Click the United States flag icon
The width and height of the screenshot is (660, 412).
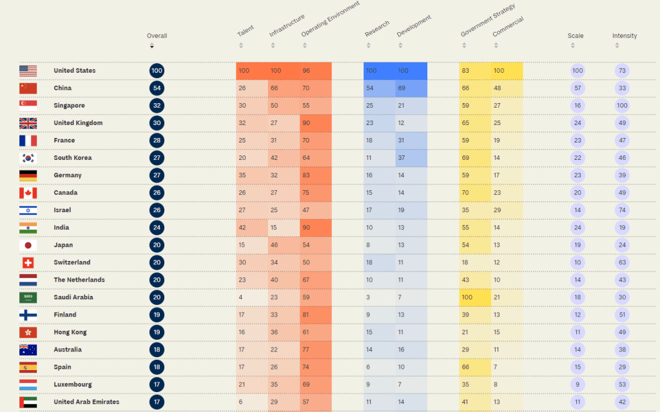point(28,71)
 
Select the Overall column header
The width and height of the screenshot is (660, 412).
point(157,36)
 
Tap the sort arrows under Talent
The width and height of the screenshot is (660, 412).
point(241,46)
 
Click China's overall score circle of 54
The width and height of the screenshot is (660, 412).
point(157,88)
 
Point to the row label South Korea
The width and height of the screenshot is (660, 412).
point(72,158)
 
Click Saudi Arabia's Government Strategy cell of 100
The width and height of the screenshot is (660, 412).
point(467,297)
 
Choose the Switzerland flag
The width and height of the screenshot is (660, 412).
point(28,262)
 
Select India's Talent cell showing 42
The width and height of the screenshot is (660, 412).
point(244,228)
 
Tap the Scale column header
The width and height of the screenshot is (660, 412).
point(576,36)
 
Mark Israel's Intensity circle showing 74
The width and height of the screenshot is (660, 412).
point(622,210)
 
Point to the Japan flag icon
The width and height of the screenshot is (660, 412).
point(28,245)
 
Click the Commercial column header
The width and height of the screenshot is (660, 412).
point(508,27)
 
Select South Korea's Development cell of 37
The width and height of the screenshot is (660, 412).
point(402,158)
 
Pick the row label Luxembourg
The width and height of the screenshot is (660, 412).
point(73,384)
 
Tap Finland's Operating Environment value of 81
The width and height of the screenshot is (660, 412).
point(307,315)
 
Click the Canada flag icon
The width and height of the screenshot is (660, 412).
point(28,193)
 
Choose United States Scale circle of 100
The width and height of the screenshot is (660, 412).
point(577,71)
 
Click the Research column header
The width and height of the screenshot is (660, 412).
point(377,28)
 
